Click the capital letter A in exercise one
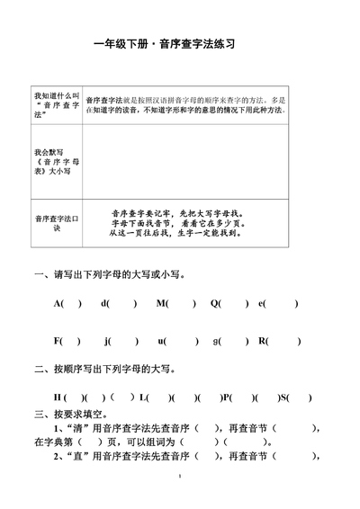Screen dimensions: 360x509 click(x=58, y=303)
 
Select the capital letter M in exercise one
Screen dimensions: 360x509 click(x=162, y=303)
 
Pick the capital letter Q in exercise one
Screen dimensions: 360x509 click(x=216, y=303)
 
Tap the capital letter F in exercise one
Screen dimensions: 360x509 click(x=58, y=341)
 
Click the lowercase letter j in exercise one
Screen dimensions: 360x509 click(x=107, y=341)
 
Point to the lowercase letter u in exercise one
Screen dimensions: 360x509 click(x=161, y=341)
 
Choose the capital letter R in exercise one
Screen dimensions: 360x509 click(x=263, y=341)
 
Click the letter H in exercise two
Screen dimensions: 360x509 click(x=57, y=397)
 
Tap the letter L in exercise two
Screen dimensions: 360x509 click(x=144, y=397)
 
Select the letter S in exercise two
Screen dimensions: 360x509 click(x=283, y=397)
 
